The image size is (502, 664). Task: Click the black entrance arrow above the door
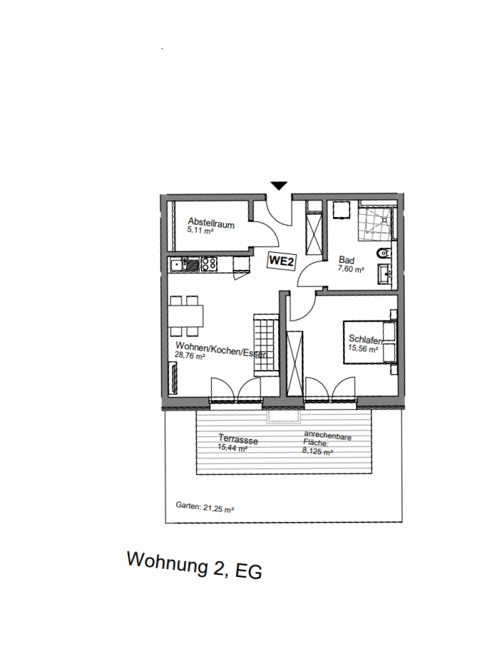[x=279, y=186]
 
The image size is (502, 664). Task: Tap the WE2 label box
[x=282, y=262]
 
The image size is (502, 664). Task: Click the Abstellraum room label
[x=211, y=223]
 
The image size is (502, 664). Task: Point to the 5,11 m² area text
[x=200, y=231]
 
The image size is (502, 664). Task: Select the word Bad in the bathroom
[x=346, y=261]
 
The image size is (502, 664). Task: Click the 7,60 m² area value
[x=351, y=270]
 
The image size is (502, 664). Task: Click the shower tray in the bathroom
[x=376, y=222]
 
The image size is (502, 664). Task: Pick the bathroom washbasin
[x=386, y=272]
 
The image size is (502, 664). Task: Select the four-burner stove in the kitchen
[x=209, y=264]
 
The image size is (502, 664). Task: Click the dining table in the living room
[x=187, y=315]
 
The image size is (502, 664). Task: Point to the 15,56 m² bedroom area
[x=363, y=348]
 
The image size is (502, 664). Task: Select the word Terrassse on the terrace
[x=238, y=441]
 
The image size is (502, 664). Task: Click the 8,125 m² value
[x=318, y=451]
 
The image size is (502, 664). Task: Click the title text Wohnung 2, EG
[x=194, y=565]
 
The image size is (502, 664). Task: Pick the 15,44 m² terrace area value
[x=232, y=448]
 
